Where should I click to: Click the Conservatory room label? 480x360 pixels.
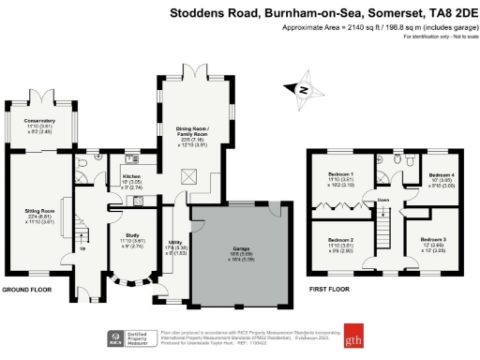click(40, 126)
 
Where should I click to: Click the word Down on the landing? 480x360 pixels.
click(382, 200)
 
